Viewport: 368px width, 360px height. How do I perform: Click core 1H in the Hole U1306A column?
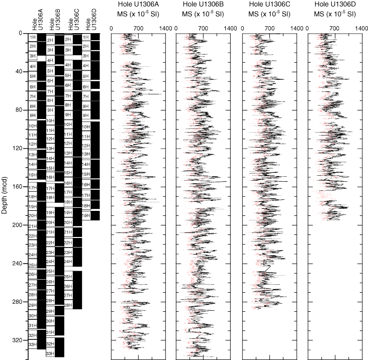[x=32, y=37]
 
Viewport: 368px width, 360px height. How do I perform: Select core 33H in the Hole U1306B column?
[x=50, y=353]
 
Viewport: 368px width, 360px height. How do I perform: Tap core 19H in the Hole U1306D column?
[x=85, y=215]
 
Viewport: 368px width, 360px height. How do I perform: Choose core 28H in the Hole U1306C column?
[x=68, y=305]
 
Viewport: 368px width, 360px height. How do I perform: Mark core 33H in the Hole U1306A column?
[x=32, y=344]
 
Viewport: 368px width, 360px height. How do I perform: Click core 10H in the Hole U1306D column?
[x=85, y=127]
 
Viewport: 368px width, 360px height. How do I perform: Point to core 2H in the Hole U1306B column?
[x=50, y=40]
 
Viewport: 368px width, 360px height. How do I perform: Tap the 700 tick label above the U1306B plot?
[x=204, y=29]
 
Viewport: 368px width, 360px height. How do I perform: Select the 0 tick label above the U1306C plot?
[x=243, y=29]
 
